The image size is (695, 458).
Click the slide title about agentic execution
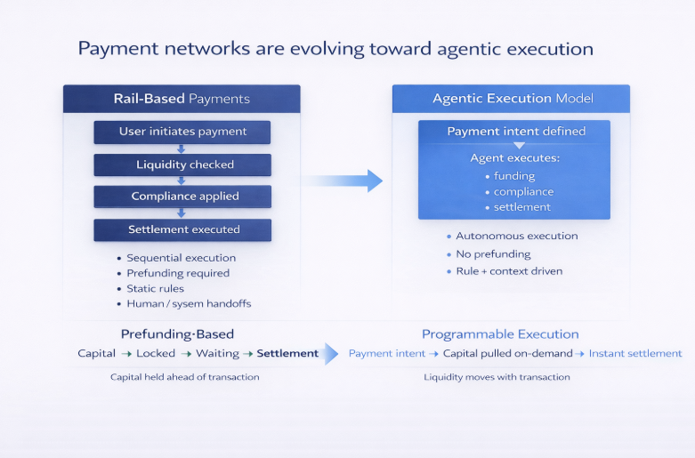[335, 48]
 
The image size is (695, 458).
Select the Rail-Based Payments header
[182, 99]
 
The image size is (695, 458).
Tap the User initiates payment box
[182, 132]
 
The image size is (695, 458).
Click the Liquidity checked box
[182, 165]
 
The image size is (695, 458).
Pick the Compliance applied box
[182, 197]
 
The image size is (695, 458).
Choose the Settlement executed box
[182, 229]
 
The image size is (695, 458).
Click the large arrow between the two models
[342, 181]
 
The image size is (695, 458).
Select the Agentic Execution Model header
[510, 99]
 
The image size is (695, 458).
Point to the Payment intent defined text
[515, 132]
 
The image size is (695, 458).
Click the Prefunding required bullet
[177, 273]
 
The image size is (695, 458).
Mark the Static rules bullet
[155, 288]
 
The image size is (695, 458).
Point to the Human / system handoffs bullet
[188, 304]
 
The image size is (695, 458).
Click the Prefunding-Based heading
[177, 334]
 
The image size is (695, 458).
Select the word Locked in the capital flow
[156, 353]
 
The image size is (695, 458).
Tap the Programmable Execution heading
[500, 334]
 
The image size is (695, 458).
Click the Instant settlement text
[635, 353]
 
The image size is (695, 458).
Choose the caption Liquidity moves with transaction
[497, 377]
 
